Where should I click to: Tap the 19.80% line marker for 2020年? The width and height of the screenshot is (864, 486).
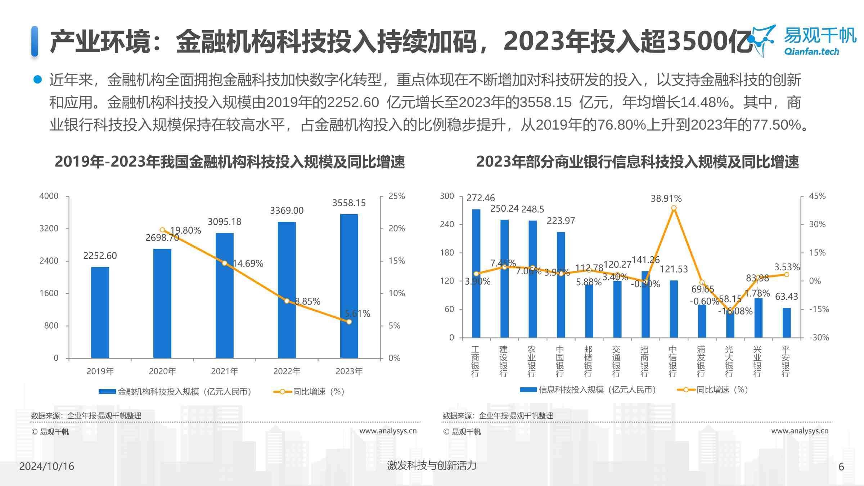click(162, 230)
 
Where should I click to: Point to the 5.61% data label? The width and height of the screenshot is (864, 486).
click(357, 313)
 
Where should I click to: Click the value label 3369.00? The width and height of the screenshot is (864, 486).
click(287, 210)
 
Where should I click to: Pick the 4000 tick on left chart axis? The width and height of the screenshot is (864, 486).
click(49, 196)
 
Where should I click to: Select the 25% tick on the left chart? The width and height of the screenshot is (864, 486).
click(396, 196)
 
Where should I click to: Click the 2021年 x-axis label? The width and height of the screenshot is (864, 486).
click(224, 371)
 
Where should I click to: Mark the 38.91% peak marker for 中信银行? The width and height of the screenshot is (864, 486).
click(674, 208)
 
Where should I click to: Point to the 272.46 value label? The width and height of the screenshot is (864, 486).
click(481, 198)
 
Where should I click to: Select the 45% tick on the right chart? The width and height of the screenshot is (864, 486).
click(817, 196)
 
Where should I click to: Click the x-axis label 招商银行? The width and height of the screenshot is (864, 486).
click(644, 361)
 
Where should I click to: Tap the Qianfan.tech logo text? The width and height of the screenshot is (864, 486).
click(811, 51)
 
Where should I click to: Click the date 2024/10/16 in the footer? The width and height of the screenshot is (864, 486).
click(46, 466)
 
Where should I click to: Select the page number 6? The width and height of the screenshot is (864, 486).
click(841, 467)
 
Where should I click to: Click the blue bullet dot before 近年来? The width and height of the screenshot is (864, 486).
click(37, 79)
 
